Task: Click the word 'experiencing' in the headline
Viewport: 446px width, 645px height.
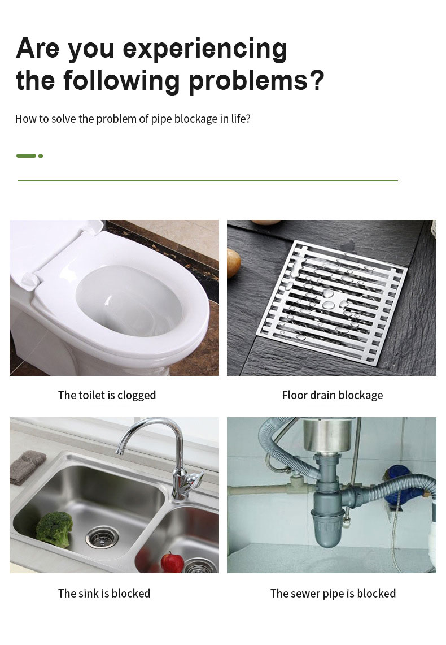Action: [x=205, y=49]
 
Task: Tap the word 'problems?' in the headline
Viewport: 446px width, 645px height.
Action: [x=256, y=80]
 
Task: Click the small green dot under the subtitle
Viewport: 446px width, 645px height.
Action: [x=41, y=156]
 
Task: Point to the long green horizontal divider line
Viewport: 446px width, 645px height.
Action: [x=208, y=181]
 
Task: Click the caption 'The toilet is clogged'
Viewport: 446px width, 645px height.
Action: [x=107, y=395]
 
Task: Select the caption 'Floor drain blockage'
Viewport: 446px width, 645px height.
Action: [x=332, y=395]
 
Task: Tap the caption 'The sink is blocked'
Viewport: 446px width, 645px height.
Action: [x=104, y=594]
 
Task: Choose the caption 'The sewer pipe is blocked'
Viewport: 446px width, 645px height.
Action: [x=333, y=594]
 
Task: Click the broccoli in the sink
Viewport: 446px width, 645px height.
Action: [x=54, y=526]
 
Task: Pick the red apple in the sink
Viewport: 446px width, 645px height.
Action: [x=172, y=562]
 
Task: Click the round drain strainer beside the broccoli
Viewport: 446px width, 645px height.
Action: [x=102, y=536]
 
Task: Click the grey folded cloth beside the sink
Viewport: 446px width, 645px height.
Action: [x=27, y=466]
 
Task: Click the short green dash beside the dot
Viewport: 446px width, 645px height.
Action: [x=26, y=156]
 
